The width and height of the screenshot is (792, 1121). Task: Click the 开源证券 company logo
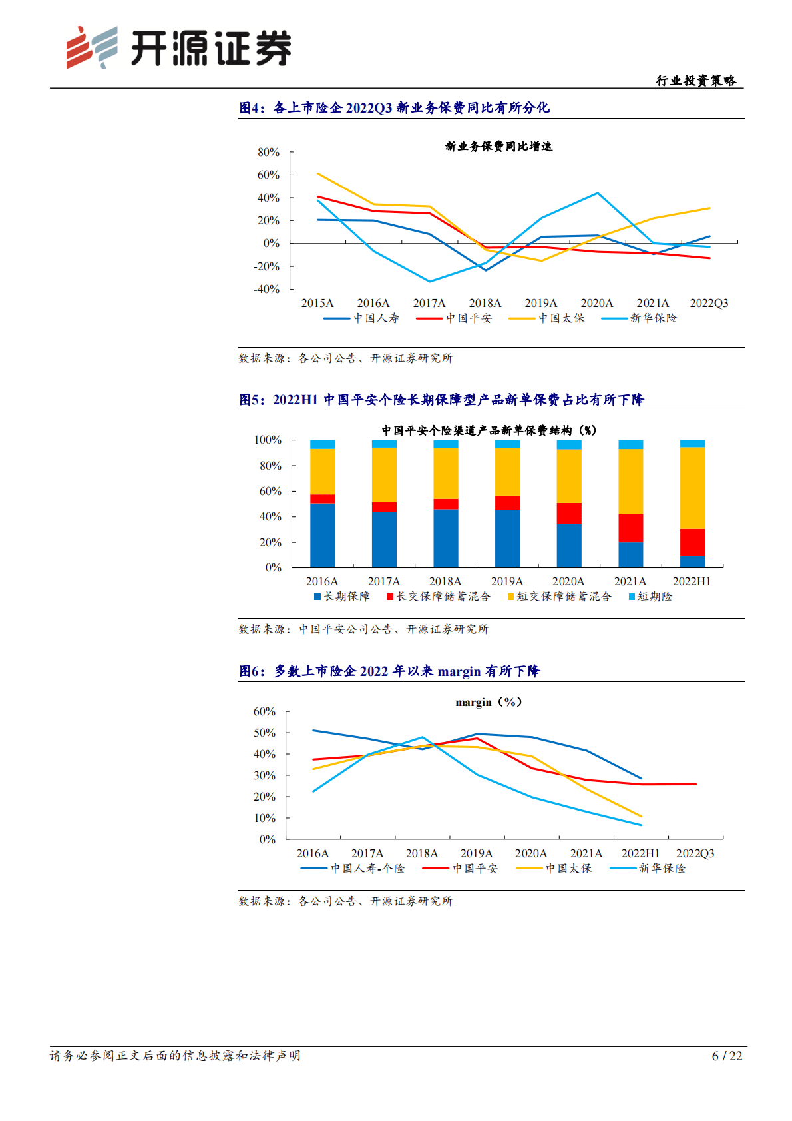click(178, 48)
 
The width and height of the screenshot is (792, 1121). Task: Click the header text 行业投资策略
click(696, 81)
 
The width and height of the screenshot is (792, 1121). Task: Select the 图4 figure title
click(394, 108)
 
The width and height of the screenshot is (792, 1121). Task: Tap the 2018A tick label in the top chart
click(485, 303)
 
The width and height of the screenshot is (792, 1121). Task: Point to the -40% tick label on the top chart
click(266, 289)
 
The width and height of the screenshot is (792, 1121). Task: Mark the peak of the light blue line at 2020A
click(598, 193)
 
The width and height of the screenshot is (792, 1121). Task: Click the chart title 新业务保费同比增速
click(498, 146)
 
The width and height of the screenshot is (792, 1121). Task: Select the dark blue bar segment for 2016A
click(322, 535)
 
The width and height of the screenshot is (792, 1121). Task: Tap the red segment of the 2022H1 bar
click(692, 542)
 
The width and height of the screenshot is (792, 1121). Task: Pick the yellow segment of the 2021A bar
click(630, 481)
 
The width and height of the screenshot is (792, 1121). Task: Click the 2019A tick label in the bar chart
click(506, 581)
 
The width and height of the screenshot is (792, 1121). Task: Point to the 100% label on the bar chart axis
click(268, 440)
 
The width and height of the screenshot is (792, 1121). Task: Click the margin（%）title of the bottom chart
click(489, 702)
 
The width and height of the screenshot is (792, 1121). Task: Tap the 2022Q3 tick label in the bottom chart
click(695, 853)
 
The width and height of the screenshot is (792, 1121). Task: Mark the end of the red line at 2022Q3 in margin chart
click(695, 784)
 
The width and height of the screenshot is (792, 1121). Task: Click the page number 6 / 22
click(727, 1056)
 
